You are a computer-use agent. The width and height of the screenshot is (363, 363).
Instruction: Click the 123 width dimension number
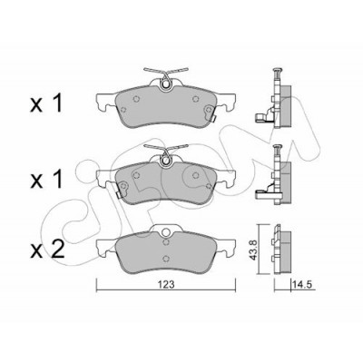click(166, 284)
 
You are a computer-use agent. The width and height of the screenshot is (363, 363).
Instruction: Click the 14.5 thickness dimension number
click(300, 285)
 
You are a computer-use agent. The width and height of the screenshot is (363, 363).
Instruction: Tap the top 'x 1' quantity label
click(47, 103)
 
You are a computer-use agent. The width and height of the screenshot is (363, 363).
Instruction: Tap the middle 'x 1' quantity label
click(47, 179)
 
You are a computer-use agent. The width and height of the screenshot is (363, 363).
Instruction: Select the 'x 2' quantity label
click(47, 250)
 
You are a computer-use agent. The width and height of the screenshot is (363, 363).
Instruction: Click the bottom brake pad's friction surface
click(165, 251)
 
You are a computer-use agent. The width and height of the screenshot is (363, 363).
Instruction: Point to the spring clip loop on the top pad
click(165, 84)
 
